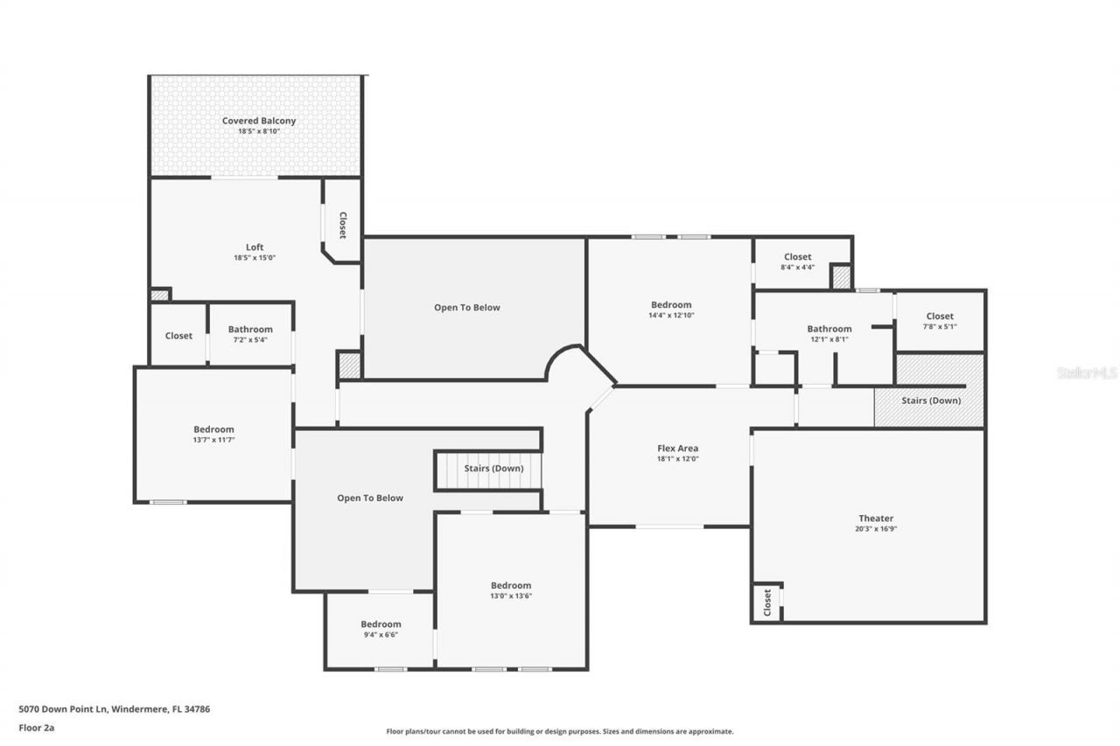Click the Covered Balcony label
tap(258, 121)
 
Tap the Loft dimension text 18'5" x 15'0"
tap(255, 258)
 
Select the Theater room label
tap(876, 519)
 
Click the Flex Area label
tap(677, 449)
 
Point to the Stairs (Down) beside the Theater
tap(931, 401)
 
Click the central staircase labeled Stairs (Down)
tap(493, 469)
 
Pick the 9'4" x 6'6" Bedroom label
tap(381, 624)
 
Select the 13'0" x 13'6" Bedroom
tap(510, 585)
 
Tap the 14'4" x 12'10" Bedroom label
tap(671, 305)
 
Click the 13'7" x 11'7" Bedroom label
tap(213, 429)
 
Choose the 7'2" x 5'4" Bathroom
tap(250, 330)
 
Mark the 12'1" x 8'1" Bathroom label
tap(829, 329)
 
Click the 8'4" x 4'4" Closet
tap(797, 257)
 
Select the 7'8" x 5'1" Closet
tap(940, 316)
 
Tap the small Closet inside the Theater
tap(767, 602)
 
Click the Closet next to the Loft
tap(342, 226)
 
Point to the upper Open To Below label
tap(467, 307)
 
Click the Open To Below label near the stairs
tap(370, 498)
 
